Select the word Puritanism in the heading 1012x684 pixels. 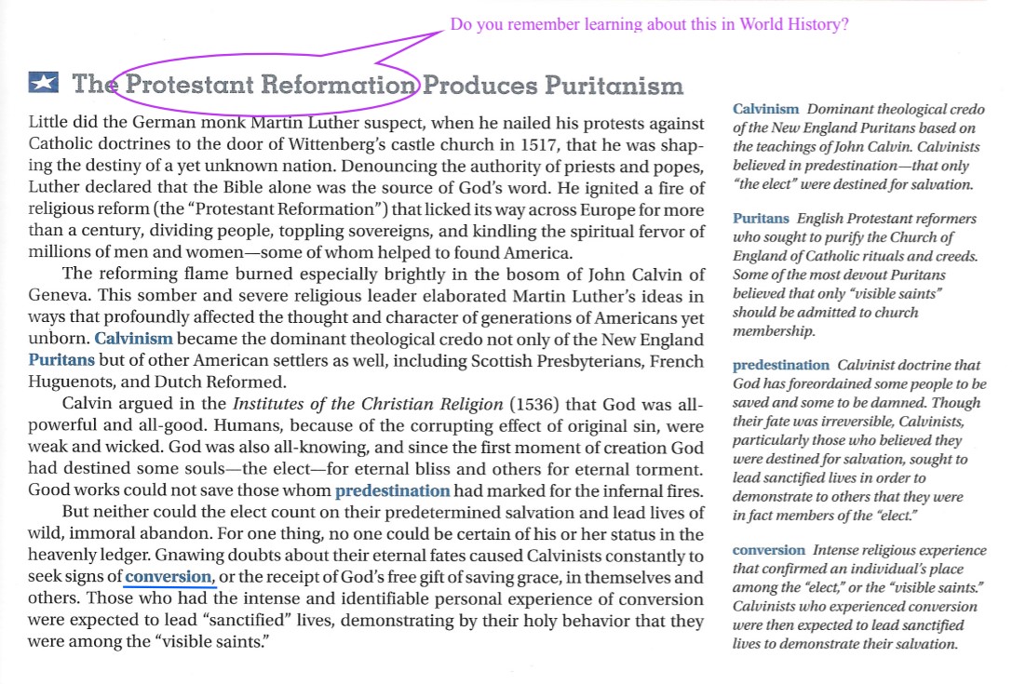(614, 86)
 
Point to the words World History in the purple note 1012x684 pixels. (793, 25)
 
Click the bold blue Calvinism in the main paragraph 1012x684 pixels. (133, 340)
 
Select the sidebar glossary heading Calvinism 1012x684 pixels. (765, 110)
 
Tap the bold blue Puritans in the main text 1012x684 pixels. (61, 360)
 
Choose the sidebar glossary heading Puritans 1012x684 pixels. (761, 219)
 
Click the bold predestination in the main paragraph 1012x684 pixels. (392, 490)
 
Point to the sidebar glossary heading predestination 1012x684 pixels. (780, 366)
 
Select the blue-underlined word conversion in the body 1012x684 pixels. (169, 577)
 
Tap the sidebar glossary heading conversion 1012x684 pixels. (768, 550)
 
